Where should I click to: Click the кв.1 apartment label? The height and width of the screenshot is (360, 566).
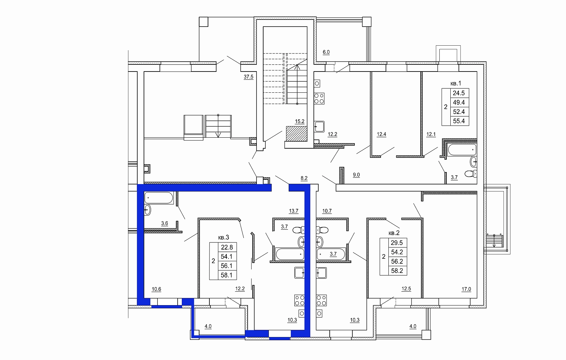[456, 83]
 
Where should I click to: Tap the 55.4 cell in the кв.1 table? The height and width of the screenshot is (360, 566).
[459, 121]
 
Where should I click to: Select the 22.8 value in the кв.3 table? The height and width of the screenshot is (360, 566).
[227, 247]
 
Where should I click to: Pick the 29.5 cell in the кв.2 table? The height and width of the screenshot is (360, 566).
[397, 243]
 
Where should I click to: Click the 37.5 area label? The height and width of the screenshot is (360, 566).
[248, 77]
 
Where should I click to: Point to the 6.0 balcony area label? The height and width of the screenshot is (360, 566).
[326, 52]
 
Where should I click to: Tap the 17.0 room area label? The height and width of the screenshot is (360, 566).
[466, 289]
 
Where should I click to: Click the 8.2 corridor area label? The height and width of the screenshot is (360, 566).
[304, 178]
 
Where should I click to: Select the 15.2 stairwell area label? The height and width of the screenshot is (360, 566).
[299, 121]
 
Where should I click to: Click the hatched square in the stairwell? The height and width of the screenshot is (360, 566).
[297, 134]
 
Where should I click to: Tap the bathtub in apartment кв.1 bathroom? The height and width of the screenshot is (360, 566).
[462, 149]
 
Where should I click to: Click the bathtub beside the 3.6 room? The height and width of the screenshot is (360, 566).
[159, 198]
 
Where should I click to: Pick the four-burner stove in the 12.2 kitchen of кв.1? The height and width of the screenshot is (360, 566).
[319, 99]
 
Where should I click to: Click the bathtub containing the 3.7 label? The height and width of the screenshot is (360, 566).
[331, 254]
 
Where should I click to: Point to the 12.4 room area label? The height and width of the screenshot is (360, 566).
[381, 134]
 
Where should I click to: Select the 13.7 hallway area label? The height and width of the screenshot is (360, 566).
[294, 211]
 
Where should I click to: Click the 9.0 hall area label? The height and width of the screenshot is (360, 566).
[356, 175]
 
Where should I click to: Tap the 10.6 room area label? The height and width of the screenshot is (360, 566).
[156, 289]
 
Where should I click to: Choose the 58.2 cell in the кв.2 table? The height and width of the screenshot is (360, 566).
[397, 271]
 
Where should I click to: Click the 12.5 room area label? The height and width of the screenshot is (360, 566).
[406, 289]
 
